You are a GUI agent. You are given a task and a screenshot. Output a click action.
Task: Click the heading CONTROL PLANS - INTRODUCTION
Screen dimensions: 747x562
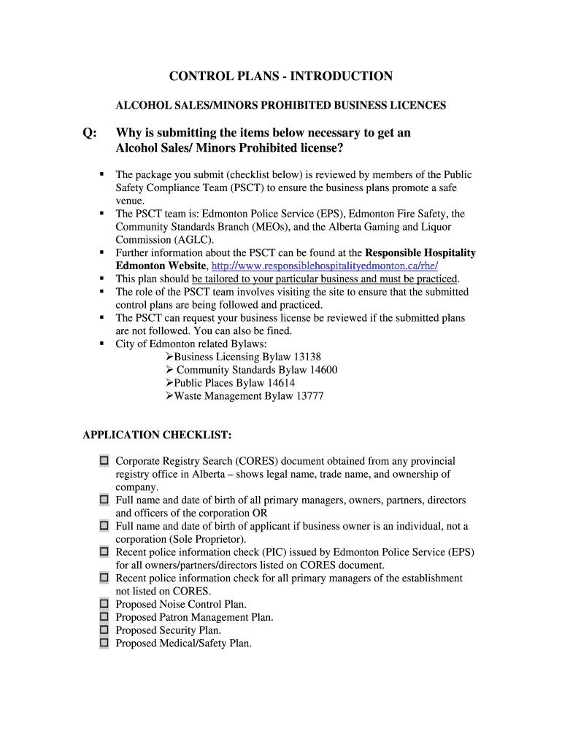[x=281, y=77]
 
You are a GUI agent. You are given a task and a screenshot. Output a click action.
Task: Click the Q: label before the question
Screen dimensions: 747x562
[x=91, y=133]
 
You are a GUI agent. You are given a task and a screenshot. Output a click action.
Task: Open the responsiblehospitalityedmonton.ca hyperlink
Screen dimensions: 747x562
[x=324, y=266]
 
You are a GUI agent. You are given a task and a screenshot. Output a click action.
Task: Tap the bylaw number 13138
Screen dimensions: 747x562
[x=307, y=357]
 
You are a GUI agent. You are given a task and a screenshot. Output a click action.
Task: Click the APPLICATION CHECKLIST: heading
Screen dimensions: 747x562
[x=157, y=436]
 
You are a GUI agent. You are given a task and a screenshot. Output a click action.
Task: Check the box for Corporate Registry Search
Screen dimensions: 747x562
[x=104, y=461]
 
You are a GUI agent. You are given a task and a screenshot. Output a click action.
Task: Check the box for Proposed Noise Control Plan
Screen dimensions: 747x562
[x=104, y=604]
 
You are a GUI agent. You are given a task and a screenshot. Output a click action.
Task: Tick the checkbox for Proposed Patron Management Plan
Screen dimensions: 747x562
[x=104, y=617]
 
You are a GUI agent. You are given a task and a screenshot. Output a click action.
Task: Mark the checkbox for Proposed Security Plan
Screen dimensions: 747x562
[x=104, y=630]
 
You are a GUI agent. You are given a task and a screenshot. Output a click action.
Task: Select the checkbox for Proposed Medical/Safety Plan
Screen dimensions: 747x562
[x=104, y=643]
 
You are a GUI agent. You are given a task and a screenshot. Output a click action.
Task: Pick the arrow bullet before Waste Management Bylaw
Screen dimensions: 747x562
[x=169, y=396]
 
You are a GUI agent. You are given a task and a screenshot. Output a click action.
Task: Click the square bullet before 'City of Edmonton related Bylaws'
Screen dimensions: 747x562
[x=103, y=344]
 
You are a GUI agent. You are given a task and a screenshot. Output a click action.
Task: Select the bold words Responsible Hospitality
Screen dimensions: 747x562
[x=420, y=253]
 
